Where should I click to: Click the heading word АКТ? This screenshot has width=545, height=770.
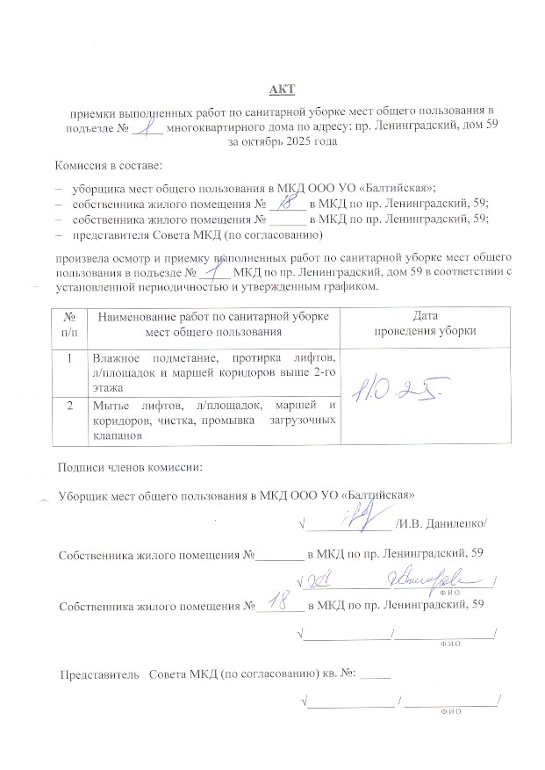(x=282, y=90)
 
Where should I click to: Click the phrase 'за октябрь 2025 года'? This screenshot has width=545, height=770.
(x=282, y=140)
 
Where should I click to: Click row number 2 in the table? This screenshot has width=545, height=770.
(x=69, y=405)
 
